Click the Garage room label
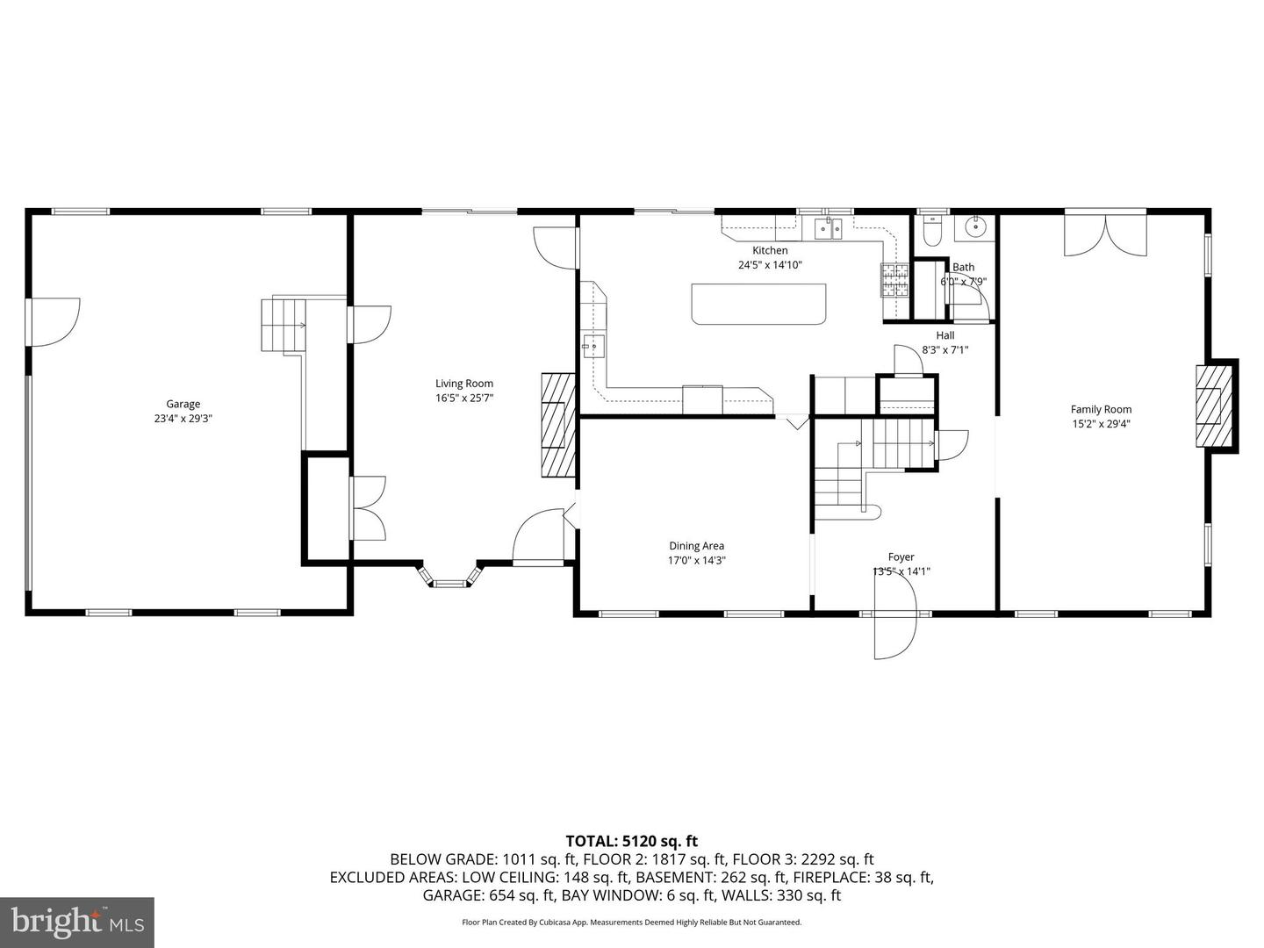183,405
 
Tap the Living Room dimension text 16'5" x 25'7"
464,398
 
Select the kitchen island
759,304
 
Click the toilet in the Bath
932,230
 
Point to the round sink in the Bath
975,227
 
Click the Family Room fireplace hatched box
1213,406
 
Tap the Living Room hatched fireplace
557,425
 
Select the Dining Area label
696,546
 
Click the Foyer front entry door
894,622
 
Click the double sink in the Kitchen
828,229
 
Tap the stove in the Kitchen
894,281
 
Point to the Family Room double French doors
1104,233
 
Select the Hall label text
944,335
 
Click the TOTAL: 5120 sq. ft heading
631,842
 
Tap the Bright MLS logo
76,922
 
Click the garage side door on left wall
53,321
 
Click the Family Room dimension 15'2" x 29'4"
1101,424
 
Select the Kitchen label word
770,250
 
